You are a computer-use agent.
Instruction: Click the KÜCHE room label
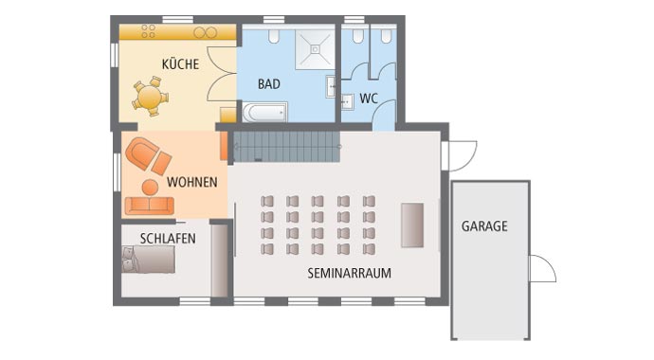[180, 64]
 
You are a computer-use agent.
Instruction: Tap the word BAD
[269, 83]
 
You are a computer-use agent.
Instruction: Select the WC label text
[369, 98]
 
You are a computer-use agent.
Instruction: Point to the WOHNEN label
[191, 181]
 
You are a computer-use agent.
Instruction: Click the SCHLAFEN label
[168, 239]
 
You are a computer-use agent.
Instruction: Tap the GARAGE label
[484, 226]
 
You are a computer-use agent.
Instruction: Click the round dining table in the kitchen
[150, 97]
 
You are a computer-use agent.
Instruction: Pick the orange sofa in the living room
[149, 206]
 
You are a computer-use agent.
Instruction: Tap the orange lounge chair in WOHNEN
[147, 153]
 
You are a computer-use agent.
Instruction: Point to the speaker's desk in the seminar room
[412, 225]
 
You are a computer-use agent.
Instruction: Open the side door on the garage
[541, 269]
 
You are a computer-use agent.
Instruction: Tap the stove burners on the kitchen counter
[150, 32]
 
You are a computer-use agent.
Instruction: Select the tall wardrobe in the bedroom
[219, 261]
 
